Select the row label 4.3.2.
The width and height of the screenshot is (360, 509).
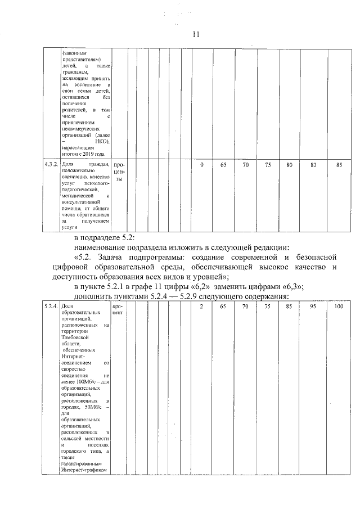coord(51,165)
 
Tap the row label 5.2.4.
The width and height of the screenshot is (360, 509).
coord(51,307)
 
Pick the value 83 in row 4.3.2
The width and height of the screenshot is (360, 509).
coord(313,165)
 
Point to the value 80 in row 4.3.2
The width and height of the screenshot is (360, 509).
coord(289,165)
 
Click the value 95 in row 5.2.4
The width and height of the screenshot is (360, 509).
coord(313,307)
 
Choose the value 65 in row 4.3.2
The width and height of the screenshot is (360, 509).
coord(223,165)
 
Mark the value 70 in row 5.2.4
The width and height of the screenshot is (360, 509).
coord(245,307)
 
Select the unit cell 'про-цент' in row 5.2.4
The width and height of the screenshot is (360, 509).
coord(118,309)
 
